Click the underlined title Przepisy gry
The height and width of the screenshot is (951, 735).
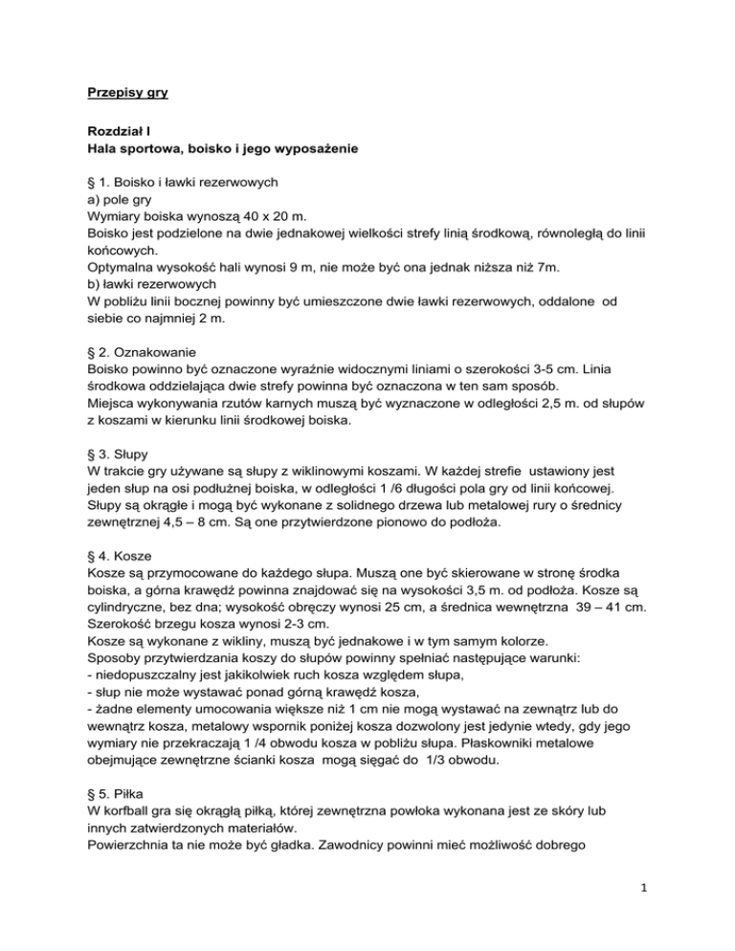click(125, 95)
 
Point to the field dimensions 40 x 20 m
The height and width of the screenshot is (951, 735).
click(261, 216)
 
